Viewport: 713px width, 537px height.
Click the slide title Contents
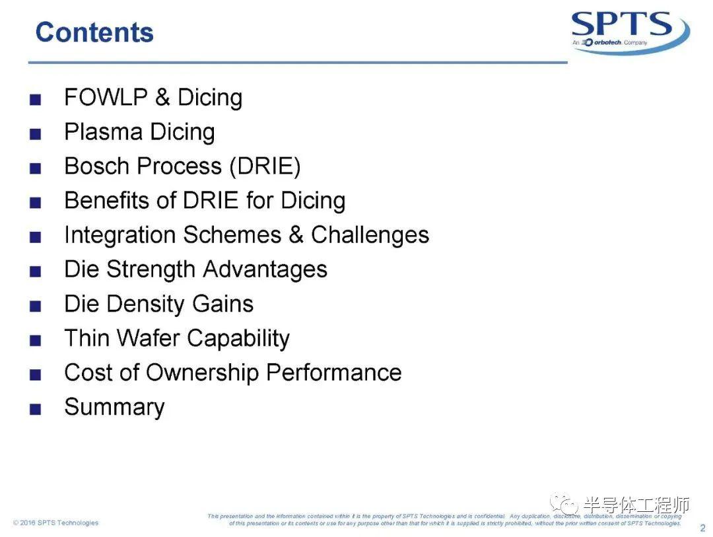(x=94, y=32)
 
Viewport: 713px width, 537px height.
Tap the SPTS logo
(x=630, y=31)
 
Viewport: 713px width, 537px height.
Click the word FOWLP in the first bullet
(x=106, y=97)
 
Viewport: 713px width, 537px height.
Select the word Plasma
(x=103, y=131)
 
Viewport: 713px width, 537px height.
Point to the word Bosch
(x=97, y=166)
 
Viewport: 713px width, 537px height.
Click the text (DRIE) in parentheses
(x=265, y=166)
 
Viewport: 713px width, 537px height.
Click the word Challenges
(x=370, y=235)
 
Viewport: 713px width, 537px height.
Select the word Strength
(x=151, y=270)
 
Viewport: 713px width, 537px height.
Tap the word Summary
(x=115, y=408)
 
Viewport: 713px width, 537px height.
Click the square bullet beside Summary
(x=36, y=409)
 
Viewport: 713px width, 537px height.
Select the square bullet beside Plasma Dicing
(x=36, y=134)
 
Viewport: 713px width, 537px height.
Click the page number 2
(x=702, y=528)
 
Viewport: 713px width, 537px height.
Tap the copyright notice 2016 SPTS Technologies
(x=56, y=522)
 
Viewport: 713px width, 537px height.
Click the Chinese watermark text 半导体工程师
(x=636, y=505)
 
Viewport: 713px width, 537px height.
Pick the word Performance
(x=334, y=373)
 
